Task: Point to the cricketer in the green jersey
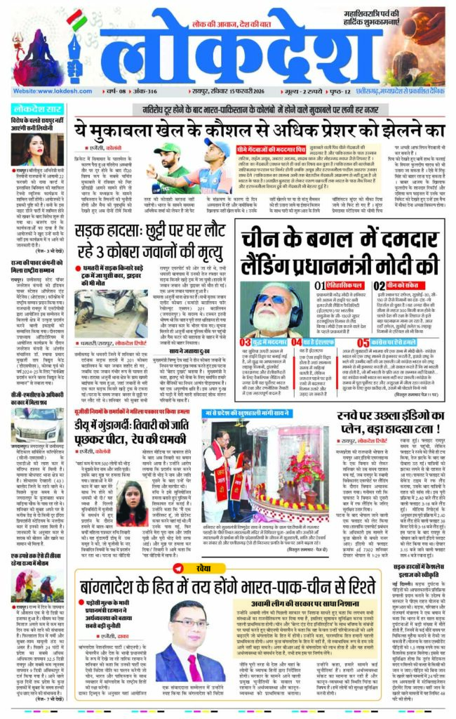pos(165,172)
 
